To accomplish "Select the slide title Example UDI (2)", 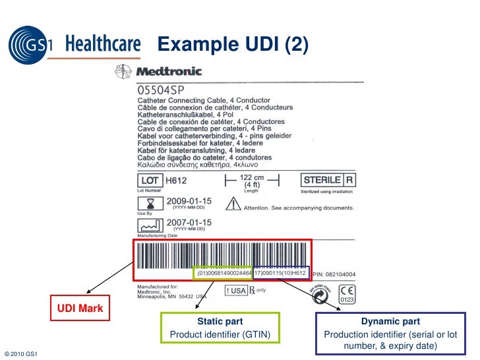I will [231, 45].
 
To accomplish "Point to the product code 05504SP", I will [160, 88].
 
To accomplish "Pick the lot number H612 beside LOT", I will [175, 180].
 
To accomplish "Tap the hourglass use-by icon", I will [150, 202].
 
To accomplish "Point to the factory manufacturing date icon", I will [150, 225].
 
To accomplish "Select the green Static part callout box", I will [220, 328].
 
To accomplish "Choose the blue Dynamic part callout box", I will [390, 333].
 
